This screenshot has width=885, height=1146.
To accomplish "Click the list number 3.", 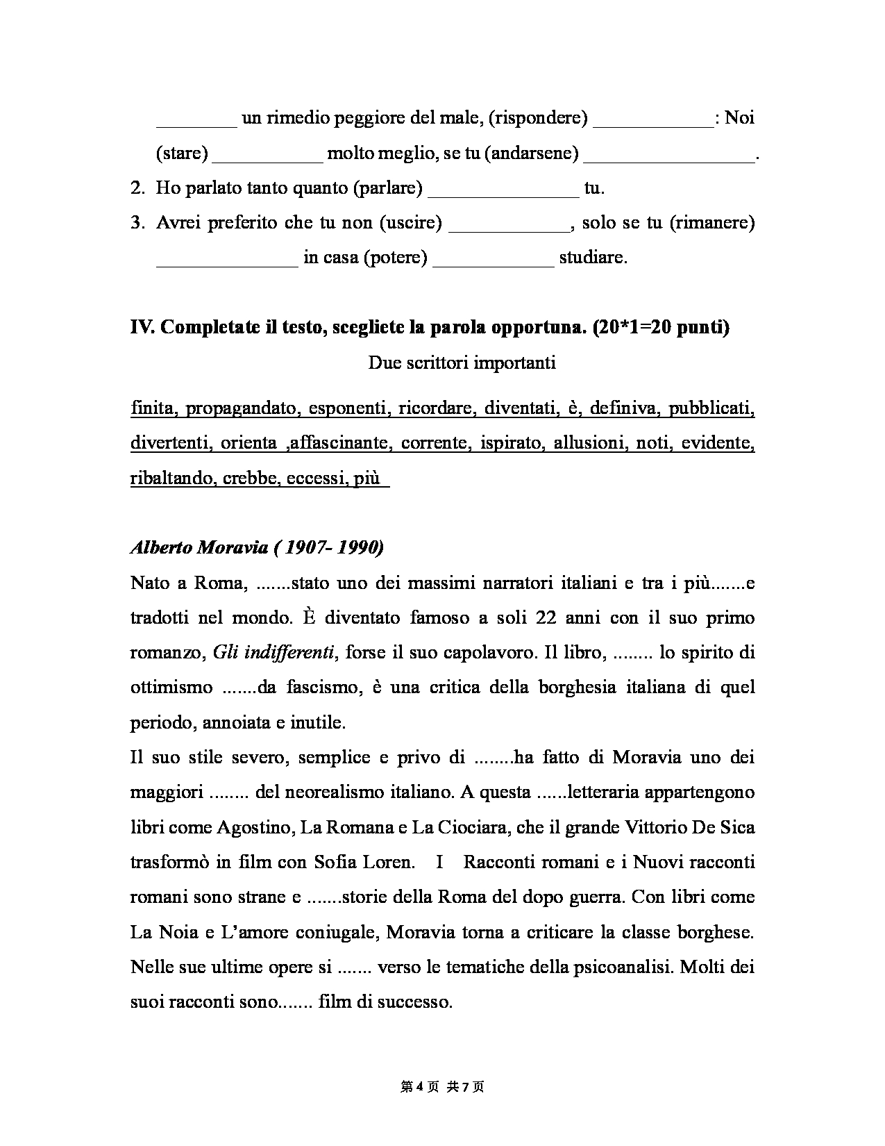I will pos(136,223).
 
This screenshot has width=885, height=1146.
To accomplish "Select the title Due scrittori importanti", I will pos(462,363).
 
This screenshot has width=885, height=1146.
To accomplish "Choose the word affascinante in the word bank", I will pos(339,443).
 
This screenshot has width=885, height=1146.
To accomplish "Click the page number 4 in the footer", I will pos(420,1087).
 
